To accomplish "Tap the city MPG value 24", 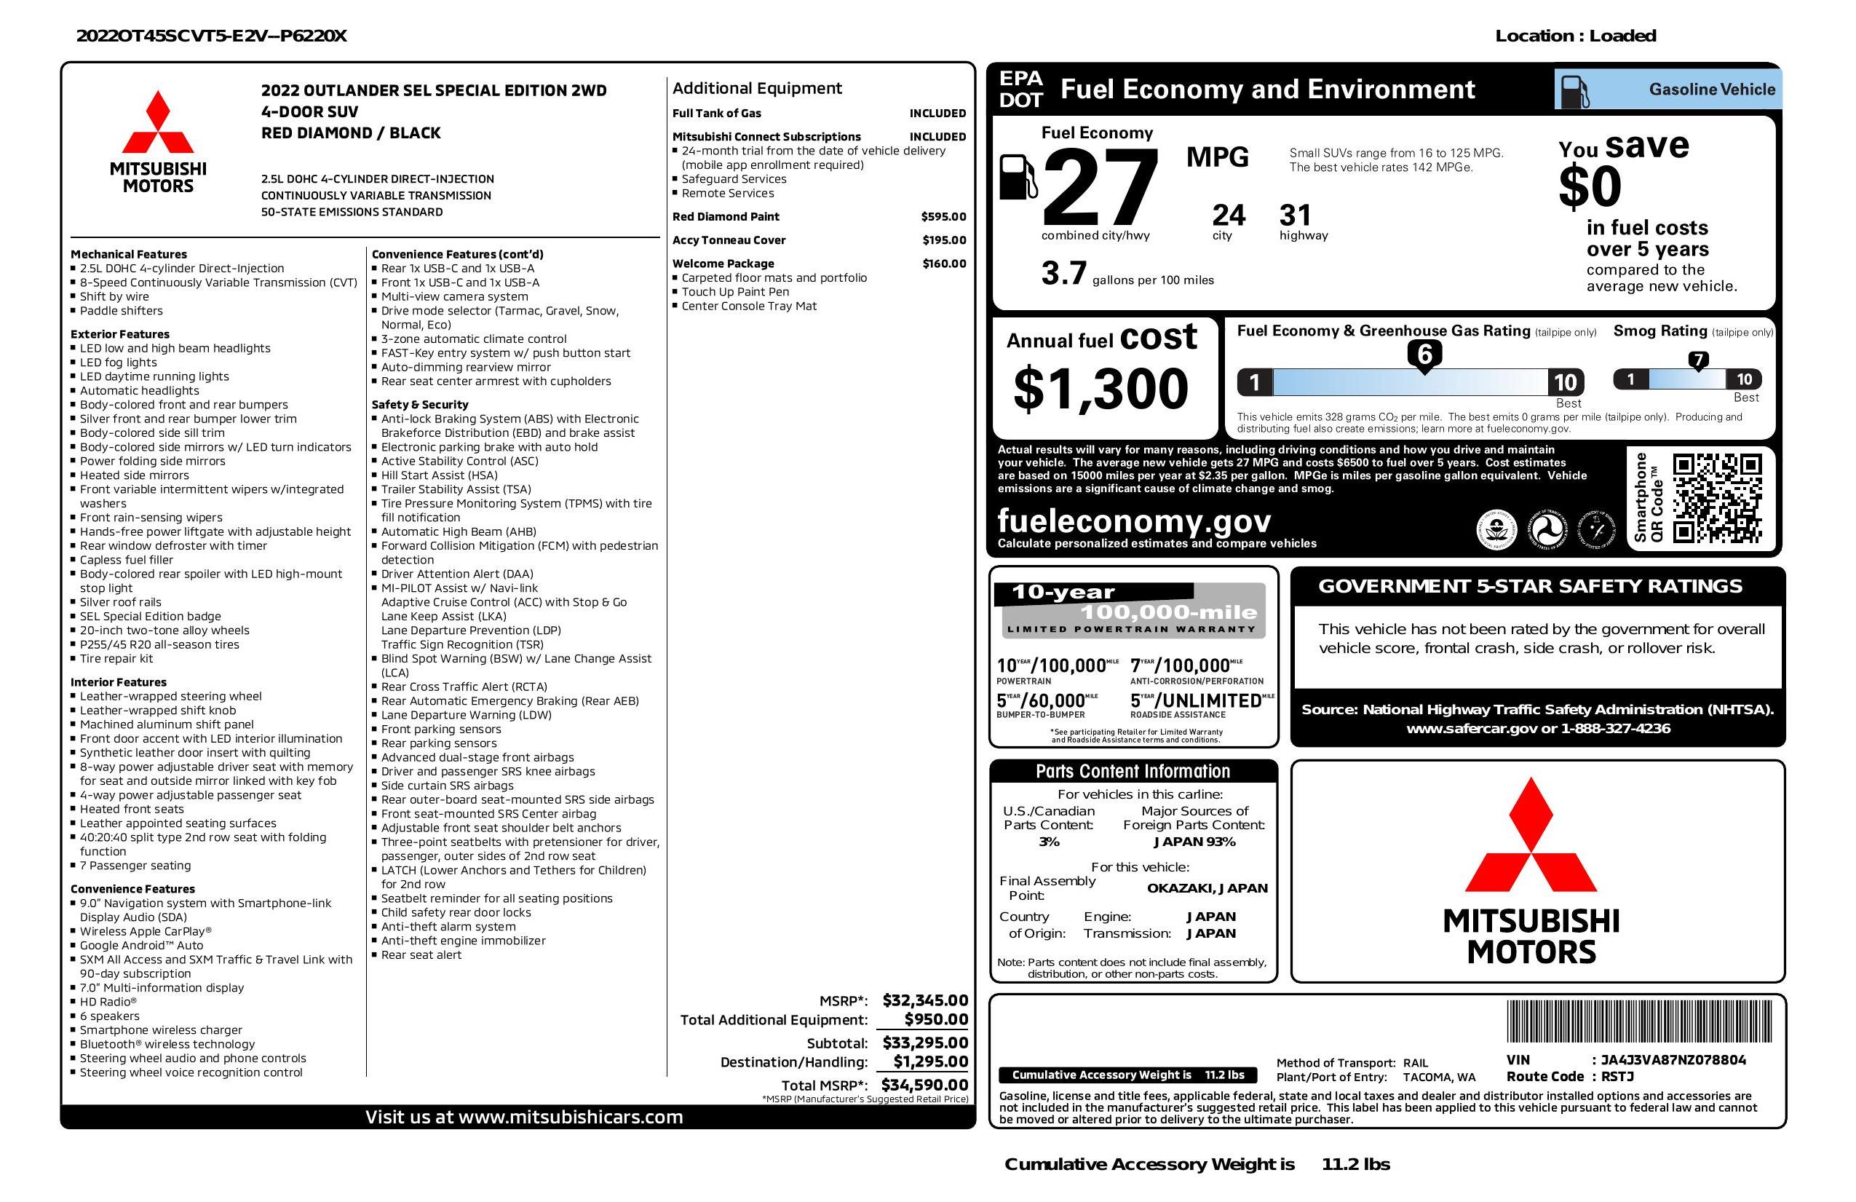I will pyautogui.click(x=1229, y=216).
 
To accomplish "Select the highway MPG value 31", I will pyautogui.click(x=1296, y=216).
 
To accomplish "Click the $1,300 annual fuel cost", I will pyautogui.click(x=1100, y=389).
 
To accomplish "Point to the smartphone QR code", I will pyautogui.click(x=1717, y=498).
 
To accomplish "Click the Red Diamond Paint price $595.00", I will pyautogui.click(x=943, y=217).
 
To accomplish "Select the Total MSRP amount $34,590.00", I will pyautogui.click(x=924, y=1084).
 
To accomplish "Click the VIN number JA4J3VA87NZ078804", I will pyautogui.click(x=1673, y=1060).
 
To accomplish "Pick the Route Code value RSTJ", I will pyautogui.click(x=1617, y=1077).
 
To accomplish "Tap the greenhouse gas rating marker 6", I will pyautogui.click(x=1424, y=355).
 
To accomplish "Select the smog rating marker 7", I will pyautogui.click(x=1697, y=360).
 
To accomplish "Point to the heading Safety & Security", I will pyautogui.click(x=419, y=405).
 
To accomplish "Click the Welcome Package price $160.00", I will pyautogui.click(x=943, y=264).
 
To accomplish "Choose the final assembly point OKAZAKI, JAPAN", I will pyautogui.click(x=1207, y=888).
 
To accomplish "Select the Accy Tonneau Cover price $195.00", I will pyautogui.click(x=943, y=240).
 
